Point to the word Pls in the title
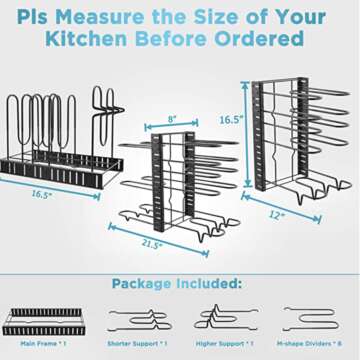tap(50, 15)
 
